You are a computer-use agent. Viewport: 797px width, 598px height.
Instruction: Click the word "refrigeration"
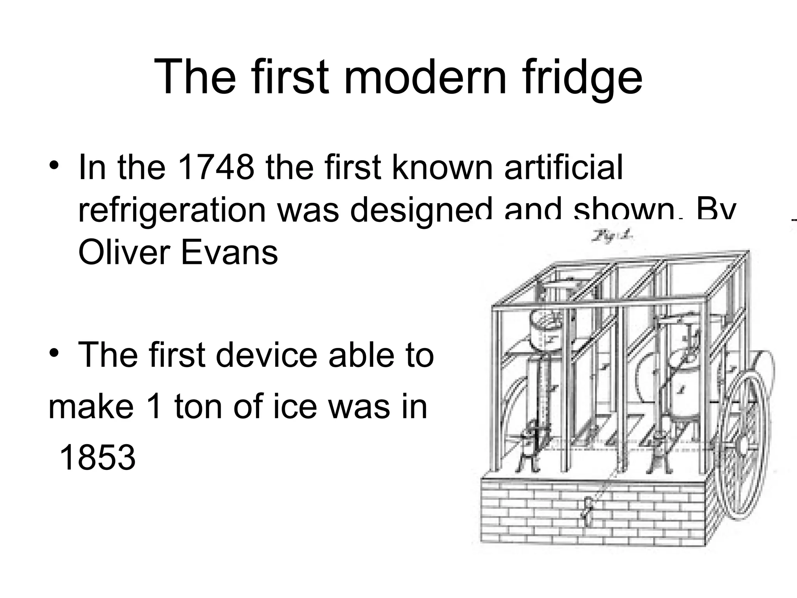click(x=172, y=210)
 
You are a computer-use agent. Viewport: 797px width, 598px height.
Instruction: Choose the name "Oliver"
click(x=124, y=252)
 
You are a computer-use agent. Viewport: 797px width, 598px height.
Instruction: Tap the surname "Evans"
click(x=229, y=252)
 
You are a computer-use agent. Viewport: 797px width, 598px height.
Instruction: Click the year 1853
click(x=97, y=457)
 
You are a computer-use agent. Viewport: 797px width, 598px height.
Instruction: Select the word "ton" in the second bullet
click(x=196, y=407)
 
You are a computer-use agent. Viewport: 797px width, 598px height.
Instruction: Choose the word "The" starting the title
click(x=195, y=77)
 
